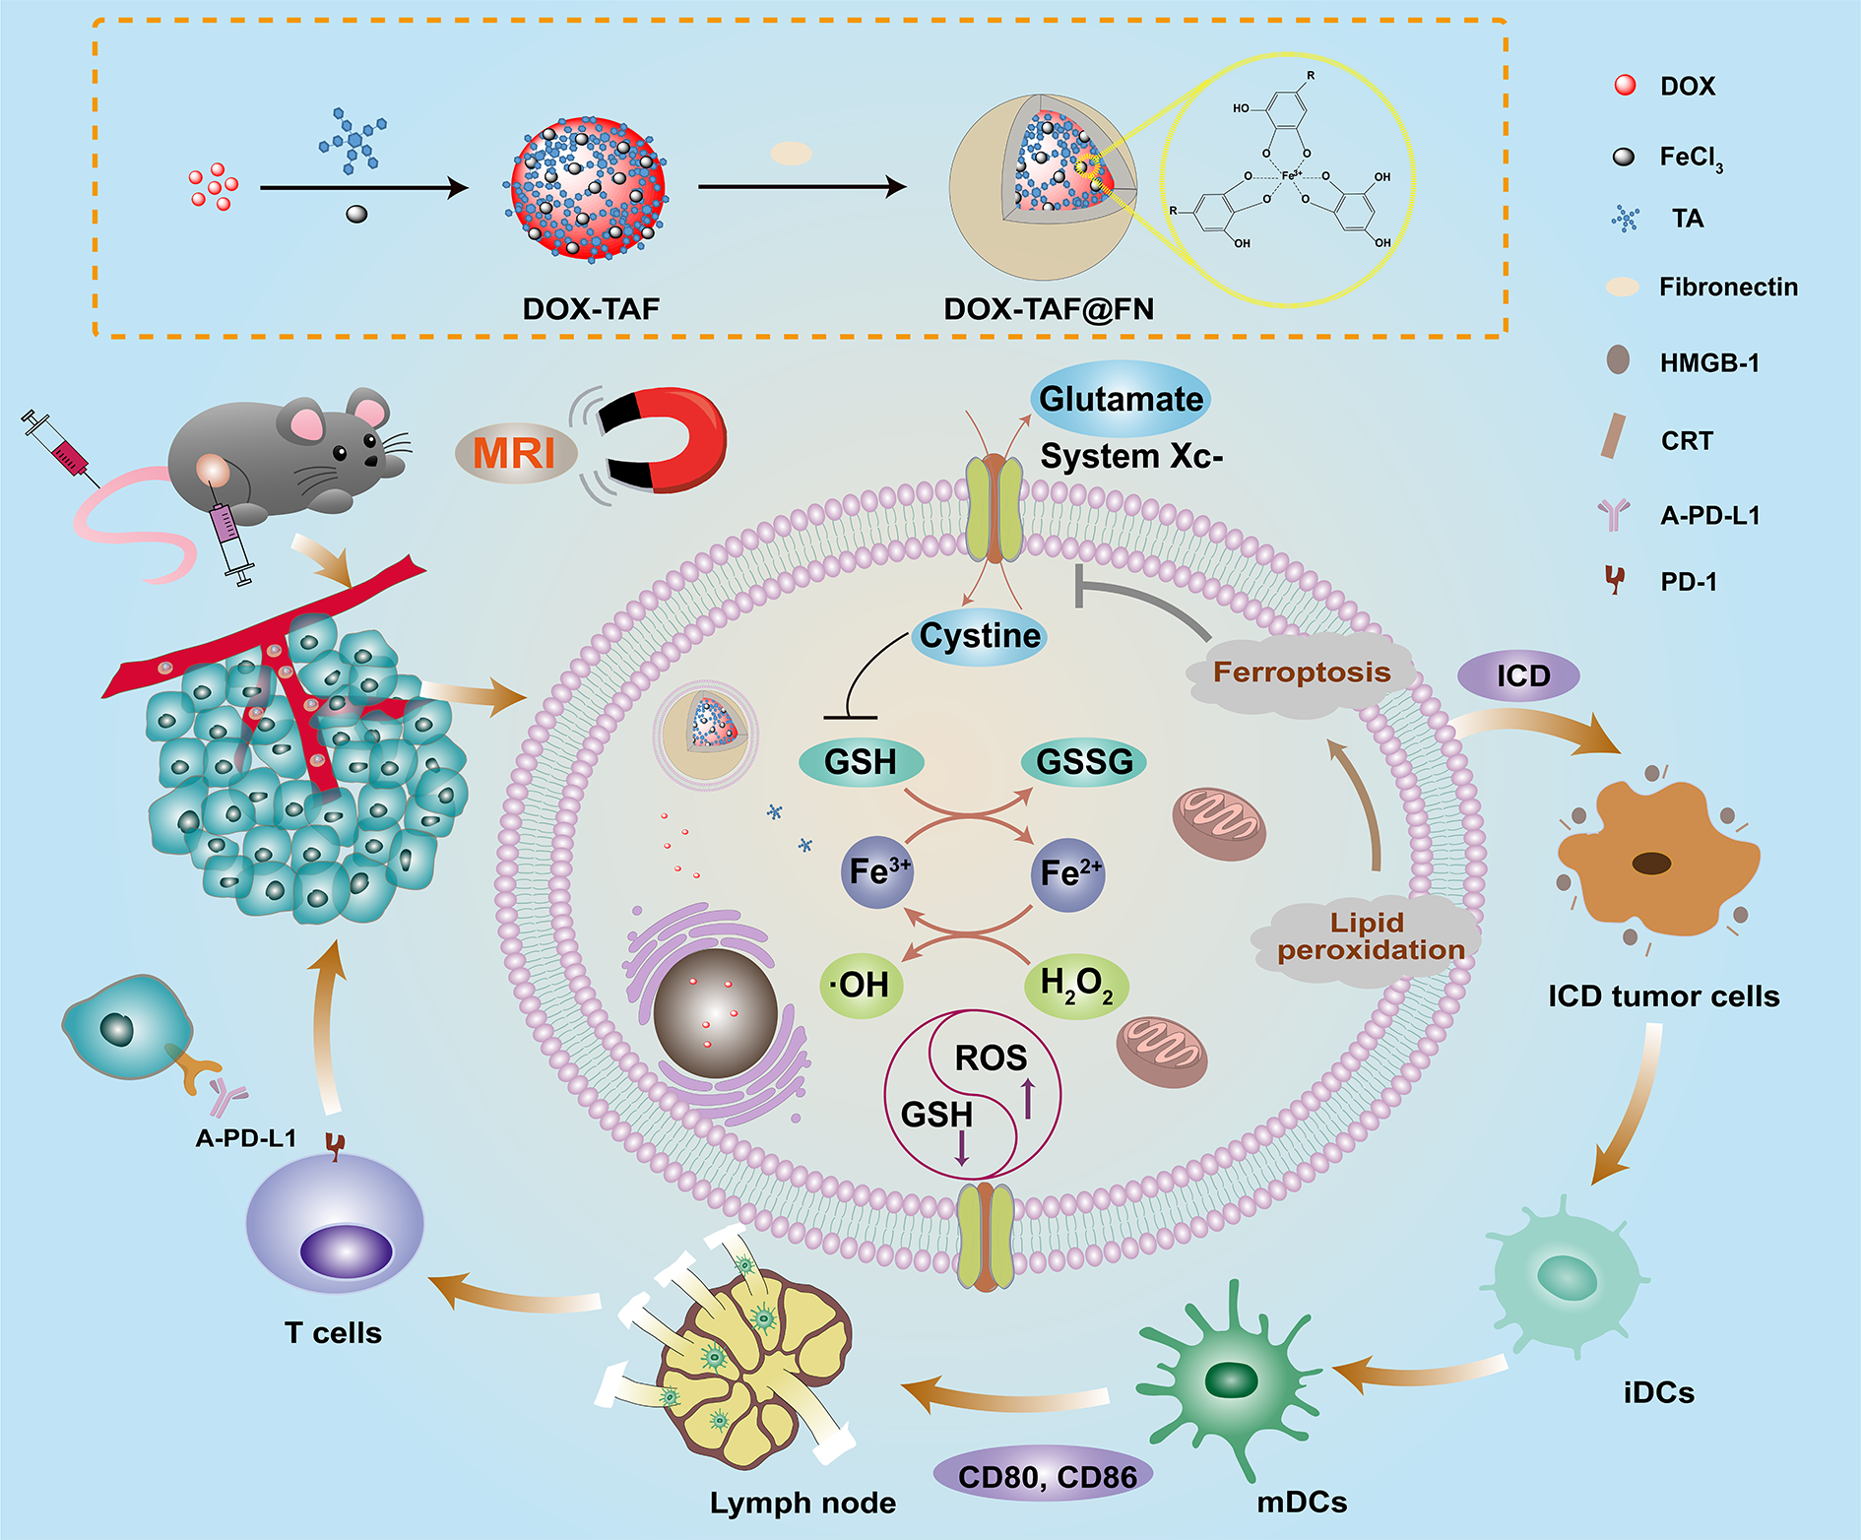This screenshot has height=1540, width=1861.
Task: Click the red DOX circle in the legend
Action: pos(1625,86)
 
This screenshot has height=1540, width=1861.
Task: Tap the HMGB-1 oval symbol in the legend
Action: pos(1618,360)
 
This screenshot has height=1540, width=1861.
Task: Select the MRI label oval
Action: pos(514,453)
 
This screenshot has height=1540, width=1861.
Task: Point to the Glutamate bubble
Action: pos(1121,399)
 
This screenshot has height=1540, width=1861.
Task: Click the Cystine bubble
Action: pos(979,636)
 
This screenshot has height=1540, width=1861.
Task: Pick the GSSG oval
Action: pos(1084,762)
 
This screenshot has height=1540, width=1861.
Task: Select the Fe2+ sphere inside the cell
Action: pos(1069,873)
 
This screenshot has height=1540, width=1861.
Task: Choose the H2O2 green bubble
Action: pos(1076,985)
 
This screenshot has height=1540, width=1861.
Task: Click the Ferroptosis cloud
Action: pos(1301,674)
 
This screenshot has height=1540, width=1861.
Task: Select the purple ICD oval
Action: pos(1522,676)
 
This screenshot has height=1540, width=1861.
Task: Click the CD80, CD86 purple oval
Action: pos(1047,1476)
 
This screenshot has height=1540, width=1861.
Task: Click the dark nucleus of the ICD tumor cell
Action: pos(1651,864)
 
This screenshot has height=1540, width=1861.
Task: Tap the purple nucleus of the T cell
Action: pos(347,1251)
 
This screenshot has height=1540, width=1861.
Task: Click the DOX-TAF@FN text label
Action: pos(1049,309)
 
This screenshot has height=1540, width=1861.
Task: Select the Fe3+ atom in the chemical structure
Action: pos(1291,175)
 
